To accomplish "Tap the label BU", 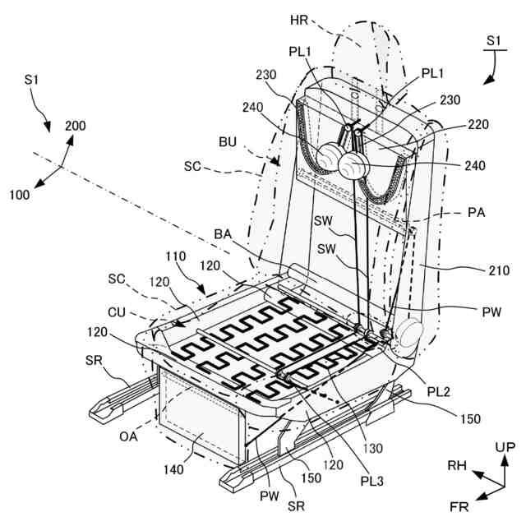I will click(228, 142).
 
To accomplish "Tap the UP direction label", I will click(505, 446).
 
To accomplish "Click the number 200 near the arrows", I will click(75, 127).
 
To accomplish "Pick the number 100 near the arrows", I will click(20, 195).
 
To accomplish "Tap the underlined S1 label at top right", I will click(493, 39).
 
